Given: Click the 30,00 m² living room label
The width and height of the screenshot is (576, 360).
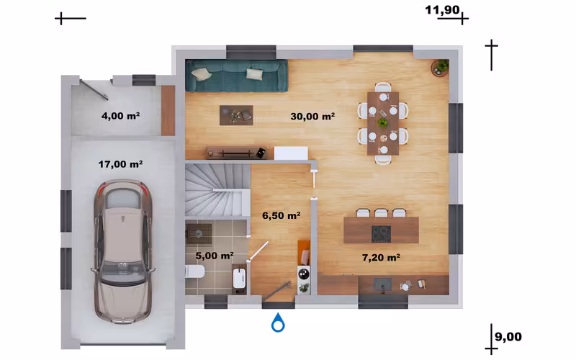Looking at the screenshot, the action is (x=312, y=117).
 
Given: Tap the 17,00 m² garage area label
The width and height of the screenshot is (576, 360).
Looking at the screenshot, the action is (x=120, y=164).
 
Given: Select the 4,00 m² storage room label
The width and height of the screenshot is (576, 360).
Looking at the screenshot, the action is (x=120, y=116).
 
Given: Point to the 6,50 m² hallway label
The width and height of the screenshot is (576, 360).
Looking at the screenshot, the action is (x=281, y=215).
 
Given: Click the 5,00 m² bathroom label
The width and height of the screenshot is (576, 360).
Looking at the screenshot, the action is (x=215, y=256).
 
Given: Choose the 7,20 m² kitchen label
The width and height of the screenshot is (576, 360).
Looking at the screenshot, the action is (x=381, y=258).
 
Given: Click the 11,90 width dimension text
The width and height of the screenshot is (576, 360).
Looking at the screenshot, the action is (x=442, y=10).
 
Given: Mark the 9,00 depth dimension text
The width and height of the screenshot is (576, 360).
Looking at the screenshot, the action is (x=508, y=337).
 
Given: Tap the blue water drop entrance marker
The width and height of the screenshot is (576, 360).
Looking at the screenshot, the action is (x=278, y=323).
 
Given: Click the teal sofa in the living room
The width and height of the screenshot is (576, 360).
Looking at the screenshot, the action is (x=237, y=76).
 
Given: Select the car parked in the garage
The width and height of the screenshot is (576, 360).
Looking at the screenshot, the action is (x=122, y=251).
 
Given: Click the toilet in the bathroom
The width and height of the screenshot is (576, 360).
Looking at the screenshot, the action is (x=194, y=272).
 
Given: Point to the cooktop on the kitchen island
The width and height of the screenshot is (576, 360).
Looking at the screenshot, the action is (x=381, y=234).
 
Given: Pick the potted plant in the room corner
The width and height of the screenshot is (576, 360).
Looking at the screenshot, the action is (x=441, y=68).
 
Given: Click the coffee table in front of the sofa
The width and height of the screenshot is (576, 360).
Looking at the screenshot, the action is (x=236, y=115).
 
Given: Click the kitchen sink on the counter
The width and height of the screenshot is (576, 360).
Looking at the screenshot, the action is (x=382, y=284).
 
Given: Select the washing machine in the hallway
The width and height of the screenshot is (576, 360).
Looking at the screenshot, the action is (x=304, y=274).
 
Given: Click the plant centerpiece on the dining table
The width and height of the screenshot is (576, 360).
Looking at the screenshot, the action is (x=383, y=122).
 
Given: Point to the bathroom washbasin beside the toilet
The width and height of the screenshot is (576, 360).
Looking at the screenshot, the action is (x=239, y=278).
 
